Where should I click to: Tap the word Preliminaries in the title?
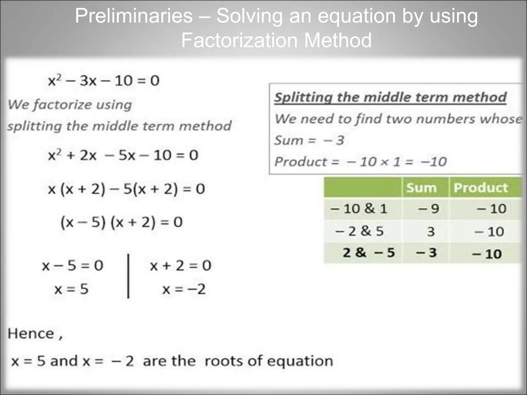(134, 16)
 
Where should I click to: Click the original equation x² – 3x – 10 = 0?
(104, 80)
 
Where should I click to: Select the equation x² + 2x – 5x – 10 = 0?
(123, 155)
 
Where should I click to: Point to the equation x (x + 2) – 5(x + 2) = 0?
(126, 189)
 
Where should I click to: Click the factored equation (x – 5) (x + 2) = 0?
(121, 222)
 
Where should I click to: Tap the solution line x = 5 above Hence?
(71, 289)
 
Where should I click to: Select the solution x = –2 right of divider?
(184, 289)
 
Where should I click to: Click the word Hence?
(31, 334)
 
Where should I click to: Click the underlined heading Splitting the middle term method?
(390, 97)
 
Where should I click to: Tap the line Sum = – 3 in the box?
(309, 140)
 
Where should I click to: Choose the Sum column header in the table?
(421, 187)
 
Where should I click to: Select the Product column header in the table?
(481, 187)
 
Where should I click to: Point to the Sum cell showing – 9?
(428, 209)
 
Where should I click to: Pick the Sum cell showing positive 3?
(431, 231)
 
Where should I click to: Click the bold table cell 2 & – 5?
(368, 253)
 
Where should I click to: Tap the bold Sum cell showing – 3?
(426, 253)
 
